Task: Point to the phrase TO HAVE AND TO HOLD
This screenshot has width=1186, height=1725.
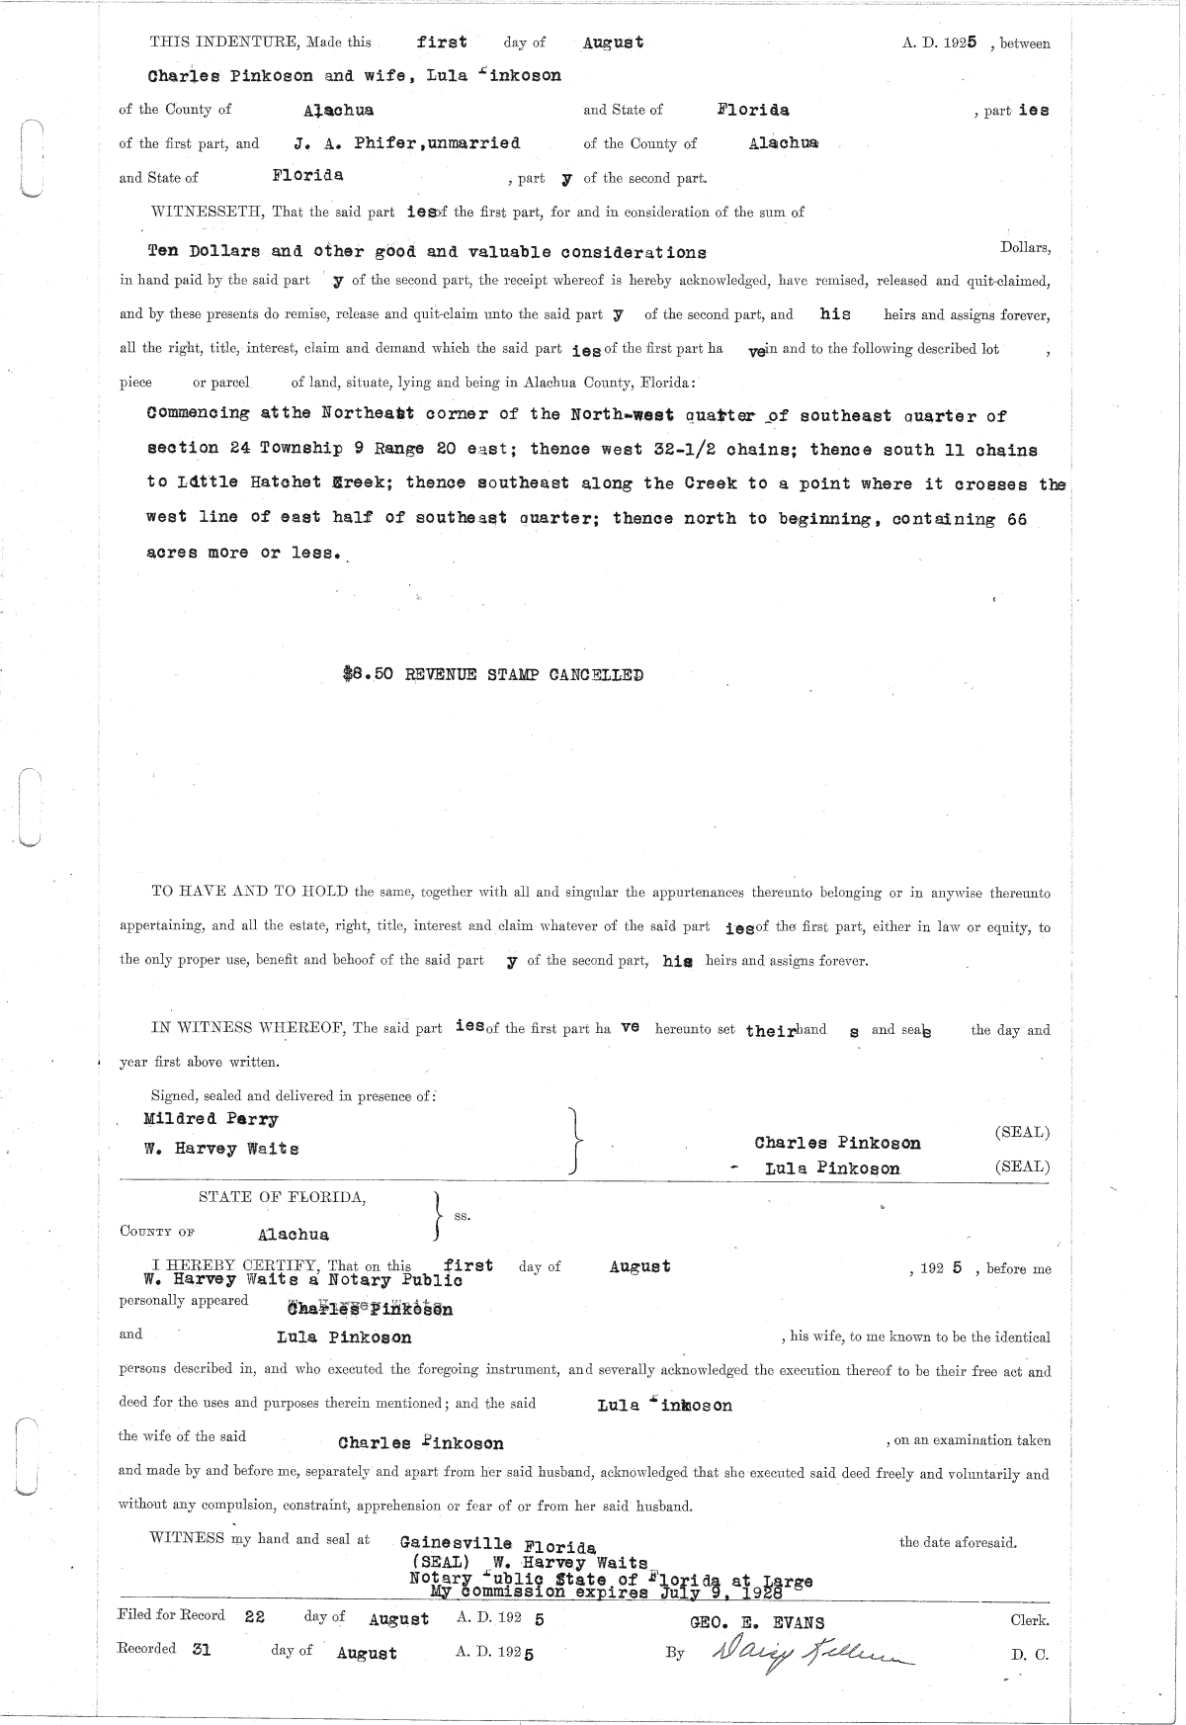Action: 249,892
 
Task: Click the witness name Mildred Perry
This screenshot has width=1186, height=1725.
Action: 211,1119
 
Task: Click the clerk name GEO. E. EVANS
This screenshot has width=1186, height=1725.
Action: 756,1622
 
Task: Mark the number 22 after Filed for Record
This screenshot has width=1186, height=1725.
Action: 255,1615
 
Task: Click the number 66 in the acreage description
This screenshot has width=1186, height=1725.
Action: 1016,519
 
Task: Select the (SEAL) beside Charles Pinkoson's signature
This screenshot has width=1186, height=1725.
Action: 1022,1132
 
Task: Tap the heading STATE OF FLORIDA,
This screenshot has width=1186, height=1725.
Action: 283,1197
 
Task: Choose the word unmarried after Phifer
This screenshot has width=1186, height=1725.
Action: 473,143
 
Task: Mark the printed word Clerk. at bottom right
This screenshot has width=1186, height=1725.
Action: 1029,1620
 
